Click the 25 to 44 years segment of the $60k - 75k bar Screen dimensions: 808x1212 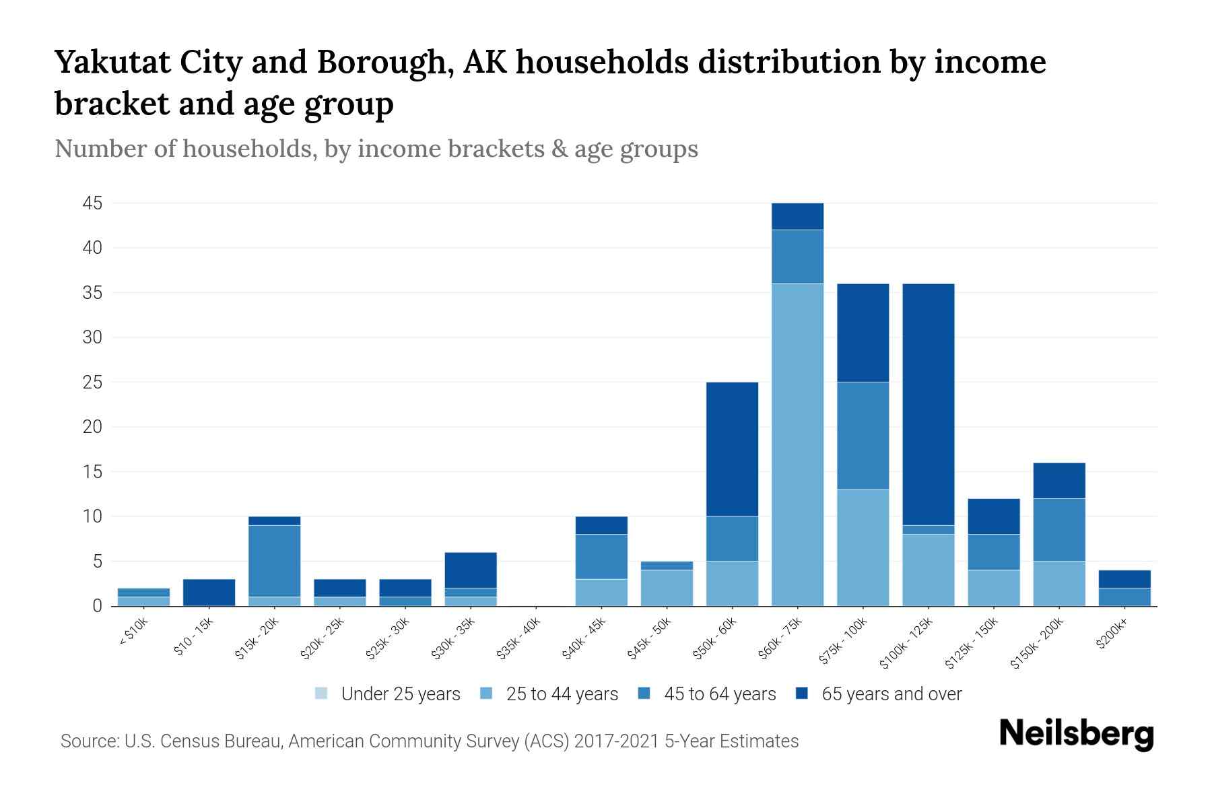(797, 444)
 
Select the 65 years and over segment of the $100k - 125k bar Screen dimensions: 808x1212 (928, 404)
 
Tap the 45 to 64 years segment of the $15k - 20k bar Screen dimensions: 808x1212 (274, 561)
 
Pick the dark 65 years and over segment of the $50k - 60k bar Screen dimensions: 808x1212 (732, 449)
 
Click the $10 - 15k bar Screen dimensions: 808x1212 (209, 593)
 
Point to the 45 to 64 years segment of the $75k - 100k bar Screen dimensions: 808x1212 (863, 436)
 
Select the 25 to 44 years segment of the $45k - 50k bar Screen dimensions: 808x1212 (667, 588)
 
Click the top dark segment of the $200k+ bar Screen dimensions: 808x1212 (1124, 579)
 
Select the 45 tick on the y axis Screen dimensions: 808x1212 (93, 203)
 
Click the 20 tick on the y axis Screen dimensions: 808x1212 (93, 427)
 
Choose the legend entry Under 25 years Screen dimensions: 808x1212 (400, 694)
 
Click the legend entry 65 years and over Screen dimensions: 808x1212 (891, 694)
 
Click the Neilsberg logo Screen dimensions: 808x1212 (1076, 735)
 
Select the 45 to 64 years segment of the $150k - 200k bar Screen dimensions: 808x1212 (1059, 530)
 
